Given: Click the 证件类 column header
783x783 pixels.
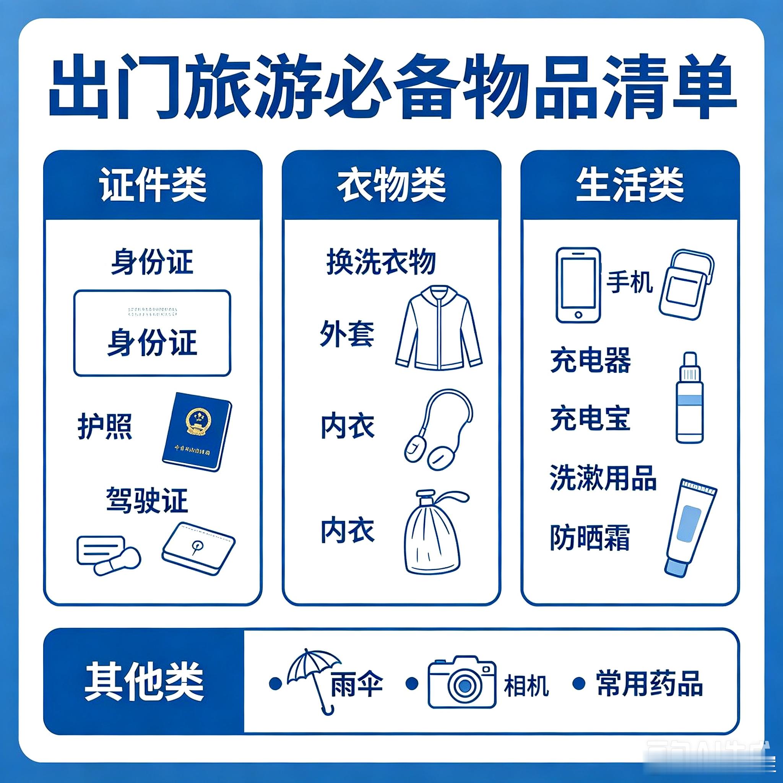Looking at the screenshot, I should click(153, 185).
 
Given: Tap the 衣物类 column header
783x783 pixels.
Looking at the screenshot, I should click(391, 185).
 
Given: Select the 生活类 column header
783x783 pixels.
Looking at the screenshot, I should click(630, 185).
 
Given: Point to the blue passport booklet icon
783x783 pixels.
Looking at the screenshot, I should click(197, 431).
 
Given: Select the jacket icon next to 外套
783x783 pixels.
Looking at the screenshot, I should click(439, 328).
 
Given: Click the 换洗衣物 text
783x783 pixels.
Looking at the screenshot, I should click(381, 262).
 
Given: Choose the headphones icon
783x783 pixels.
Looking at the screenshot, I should click(440, 430).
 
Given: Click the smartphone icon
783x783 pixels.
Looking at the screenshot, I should click(578, 285).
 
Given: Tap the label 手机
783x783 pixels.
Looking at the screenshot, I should click(629, 283).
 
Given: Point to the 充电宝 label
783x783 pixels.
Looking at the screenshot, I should click(590, 418).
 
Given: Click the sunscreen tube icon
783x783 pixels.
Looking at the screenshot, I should click(690, 527).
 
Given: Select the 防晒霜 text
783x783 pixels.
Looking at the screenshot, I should click(590, 538).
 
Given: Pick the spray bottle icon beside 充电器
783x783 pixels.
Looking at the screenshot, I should click(689, 398).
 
